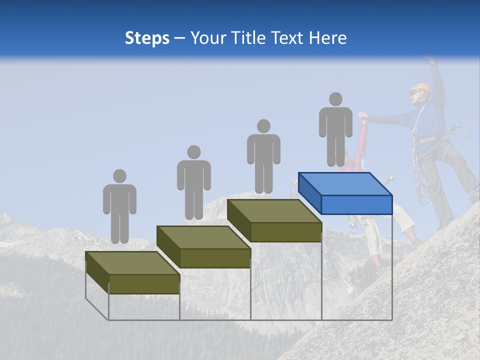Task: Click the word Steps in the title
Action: (147, 38)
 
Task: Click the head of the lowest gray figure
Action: (119, 176)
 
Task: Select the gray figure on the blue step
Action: (335, 132)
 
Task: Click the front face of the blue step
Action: (356, 204)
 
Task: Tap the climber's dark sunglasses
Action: (413, 92)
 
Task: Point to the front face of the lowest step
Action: (144, 284)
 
